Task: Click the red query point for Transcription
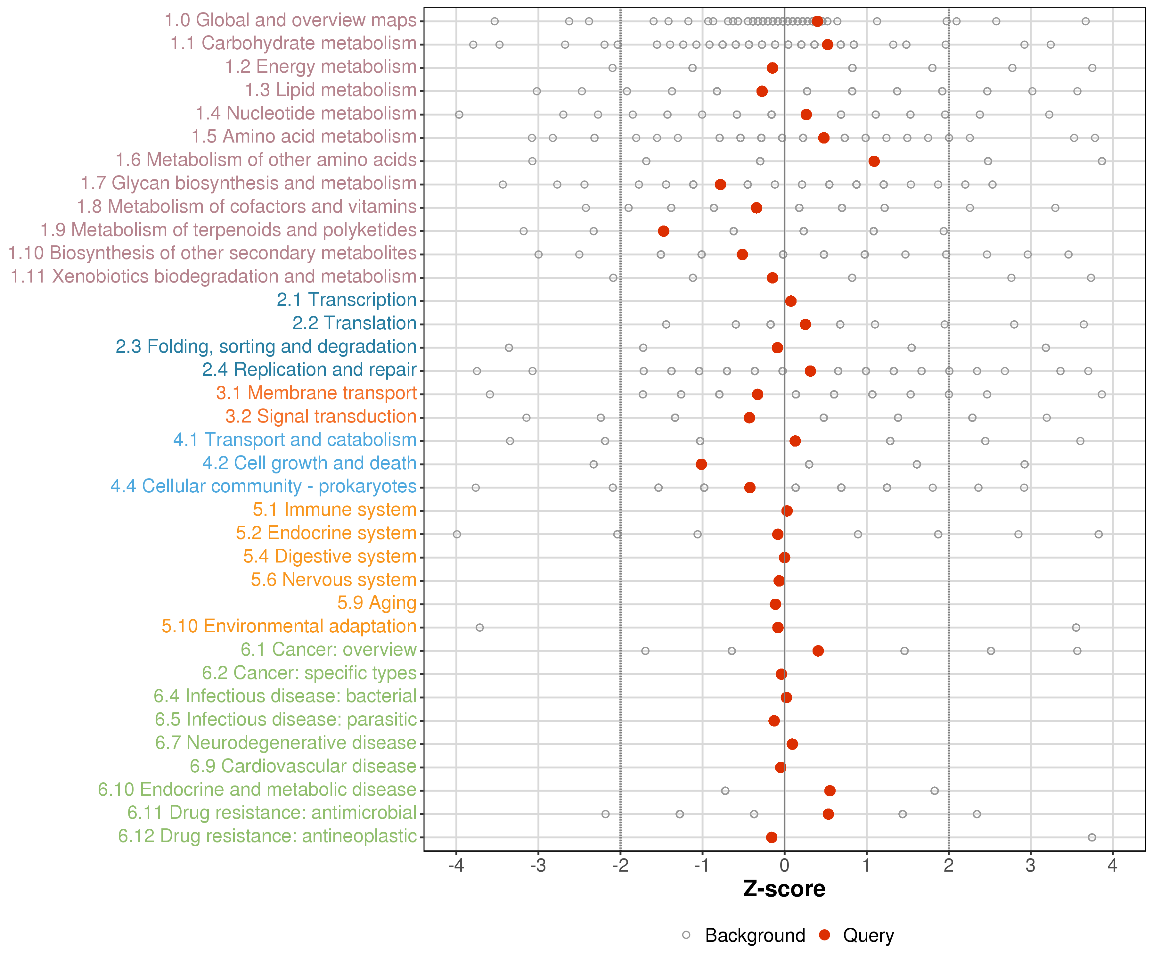[x=791, y=301]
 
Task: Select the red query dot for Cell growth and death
[x=701, y=464]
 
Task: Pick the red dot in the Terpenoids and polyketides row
[x=663, y=231]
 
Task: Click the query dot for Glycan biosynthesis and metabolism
[x=720, y=185]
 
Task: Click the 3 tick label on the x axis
[x=1031, y=866]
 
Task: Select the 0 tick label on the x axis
[x=784, y=866]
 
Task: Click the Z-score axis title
[x=784, y=889]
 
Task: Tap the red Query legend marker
[x=824, y=935]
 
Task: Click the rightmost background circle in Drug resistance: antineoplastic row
[x=1092, y=837]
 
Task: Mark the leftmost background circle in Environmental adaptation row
[x=479, y=628]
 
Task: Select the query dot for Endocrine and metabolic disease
[x=830, y=791]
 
